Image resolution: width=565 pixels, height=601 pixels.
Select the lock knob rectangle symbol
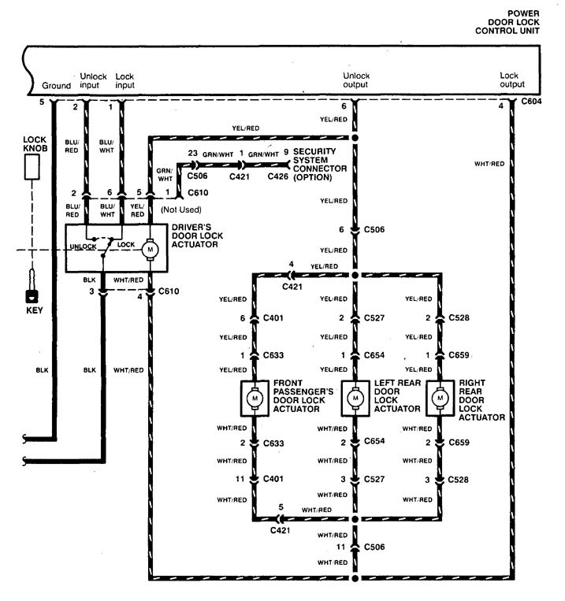pyautogui.click(x=32, y=165)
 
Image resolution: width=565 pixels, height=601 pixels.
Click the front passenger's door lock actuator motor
pyautogui.click(x=255, y=399)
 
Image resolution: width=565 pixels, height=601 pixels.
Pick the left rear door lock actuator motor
pyautogui.click(x=355, y=399)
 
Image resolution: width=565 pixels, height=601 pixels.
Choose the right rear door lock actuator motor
pyautogui.click(x=439, y=399)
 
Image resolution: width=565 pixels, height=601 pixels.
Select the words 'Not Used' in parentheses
pyautogui.click(x=181, y=209)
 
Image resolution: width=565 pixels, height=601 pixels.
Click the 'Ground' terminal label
pyautogui.click(x=56, y=86)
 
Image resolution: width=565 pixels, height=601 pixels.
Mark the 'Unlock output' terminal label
pyautogui.click(x=355, y=80)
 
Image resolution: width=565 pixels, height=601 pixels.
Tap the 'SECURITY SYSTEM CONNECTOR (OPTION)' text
pyautogui.click(x=314, y=164)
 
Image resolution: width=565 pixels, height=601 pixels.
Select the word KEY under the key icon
pyautogui.click(x=32, y=311)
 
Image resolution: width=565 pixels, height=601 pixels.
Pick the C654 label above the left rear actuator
pyautogui.click(x=374, y=355)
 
